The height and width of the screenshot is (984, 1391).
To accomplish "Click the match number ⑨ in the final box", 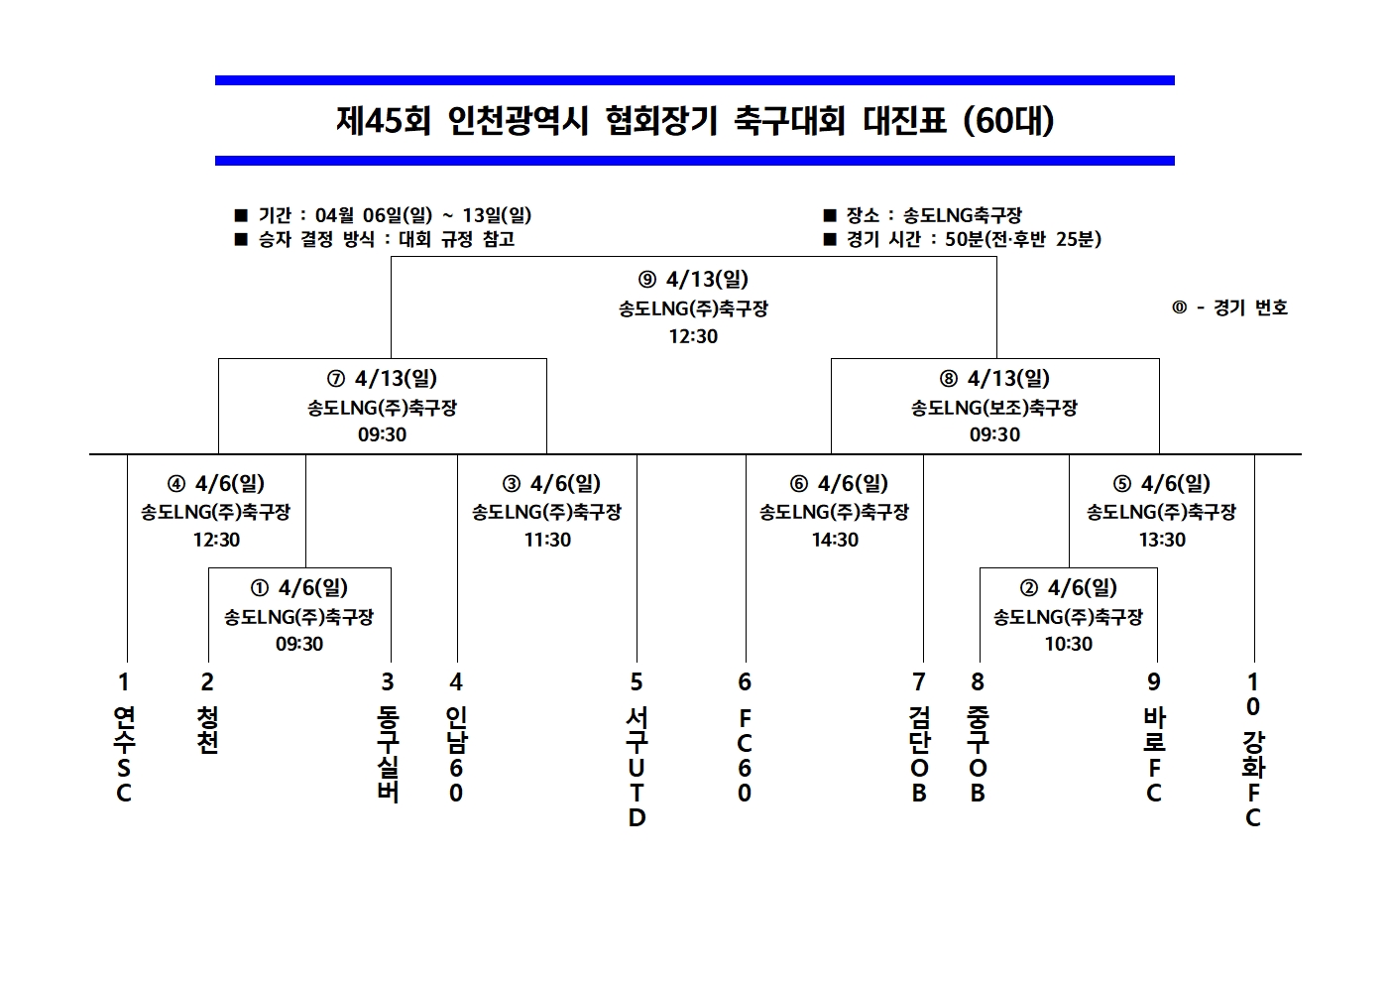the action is pyautogui.click(x=647, y=280).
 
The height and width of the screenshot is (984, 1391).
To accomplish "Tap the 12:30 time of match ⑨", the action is pyautogui.click(x=693, y=336).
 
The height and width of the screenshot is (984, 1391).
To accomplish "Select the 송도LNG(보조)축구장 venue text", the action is pyautogui.click(x=994, y=408).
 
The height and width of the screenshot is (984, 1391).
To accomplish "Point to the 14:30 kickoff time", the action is pyautogui.click(x=835, y=540).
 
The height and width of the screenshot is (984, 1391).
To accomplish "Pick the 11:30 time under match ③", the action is pyautogui.click(x=547, y=540).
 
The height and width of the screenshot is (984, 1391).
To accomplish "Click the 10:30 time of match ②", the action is pyautogui.click(x=1068, y=644).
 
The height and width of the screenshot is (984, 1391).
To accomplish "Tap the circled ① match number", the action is pyautogui.click(x=260, y=587).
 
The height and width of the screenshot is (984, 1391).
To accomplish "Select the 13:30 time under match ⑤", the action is pyautogui.click(x=1162, y=540).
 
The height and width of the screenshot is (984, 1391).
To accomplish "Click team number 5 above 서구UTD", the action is pyautogui.click(x=637, y=682).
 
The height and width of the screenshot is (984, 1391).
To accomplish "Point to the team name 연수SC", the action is pyautogui.click(x=124, y=755).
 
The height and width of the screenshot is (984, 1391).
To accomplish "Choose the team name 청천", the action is pyautogui.click(x=207, y=730).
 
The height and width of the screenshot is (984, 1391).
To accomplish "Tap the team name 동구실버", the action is pyautogui.click(x=388, y=755).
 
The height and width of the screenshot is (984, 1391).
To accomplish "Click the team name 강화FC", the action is pyautogui.click(x=1253, y=780).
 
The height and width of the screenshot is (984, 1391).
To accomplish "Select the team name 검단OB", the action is pyautogui.click(x=919, y=755).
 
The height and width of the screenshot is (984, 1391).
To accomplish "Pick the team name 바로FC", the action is pyautogui.click(x=1154, y=755).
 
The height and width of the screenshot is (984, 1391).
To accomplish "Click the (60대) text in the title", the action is pyautogui.click(x=1008, y=120).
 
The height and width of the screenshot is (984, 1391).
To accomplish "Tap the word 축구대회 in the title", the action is pyautogui.click(x=788, y=120).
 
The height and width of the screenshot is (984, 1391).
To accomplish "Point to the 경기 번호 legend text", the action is pyautogui.click(x=1250, y=307).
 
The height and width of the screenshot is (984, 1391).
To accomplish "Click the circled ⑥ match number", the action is pyautogui.click(x=798, y=483).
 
